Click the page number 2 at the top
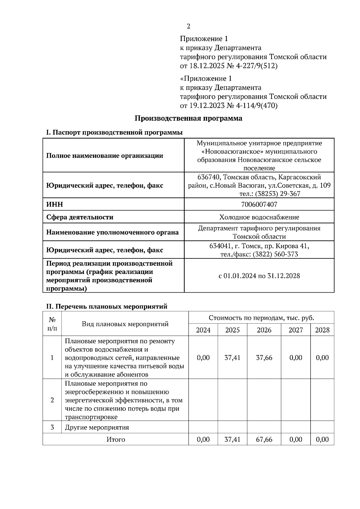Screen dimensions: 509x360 coord(188,26)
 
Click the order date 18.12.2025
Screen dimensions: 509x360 coord(207,66)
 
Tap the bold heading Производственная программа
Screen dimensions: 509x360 coord(188,118)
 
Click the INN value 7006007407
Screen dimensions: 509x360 coord(259,204)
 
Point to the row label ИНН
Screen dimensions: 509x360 coord(55,204)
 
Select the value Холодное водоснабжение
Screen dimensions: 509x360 coord(259,217)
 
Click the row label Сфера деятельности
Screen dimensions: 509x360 coord(80,217)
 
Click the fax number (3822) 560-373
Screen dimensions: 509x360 coord(275,254)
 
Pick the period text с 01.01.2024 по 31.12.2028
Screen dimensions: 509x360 coord(259,276)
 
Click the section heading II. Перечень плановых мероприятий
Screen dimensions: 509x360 coord(106,306)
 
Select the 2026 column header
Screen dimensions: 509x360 coord(264,330)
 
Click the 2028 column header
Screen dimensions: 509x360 coord(322,330)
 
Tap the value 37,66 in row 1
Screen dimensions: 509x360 coord(264,358)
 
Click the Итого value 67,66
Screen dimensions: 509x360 coord(264,439)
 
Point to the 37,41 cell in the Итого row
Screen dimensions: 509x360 coord(232,439)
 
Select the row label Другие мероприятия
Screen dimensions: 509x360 coord(97,427)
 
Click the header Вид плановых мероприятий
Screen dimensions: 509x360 coord(125,324)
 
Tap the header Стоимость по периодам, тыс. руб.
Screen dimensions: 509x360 coord(261,318)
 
